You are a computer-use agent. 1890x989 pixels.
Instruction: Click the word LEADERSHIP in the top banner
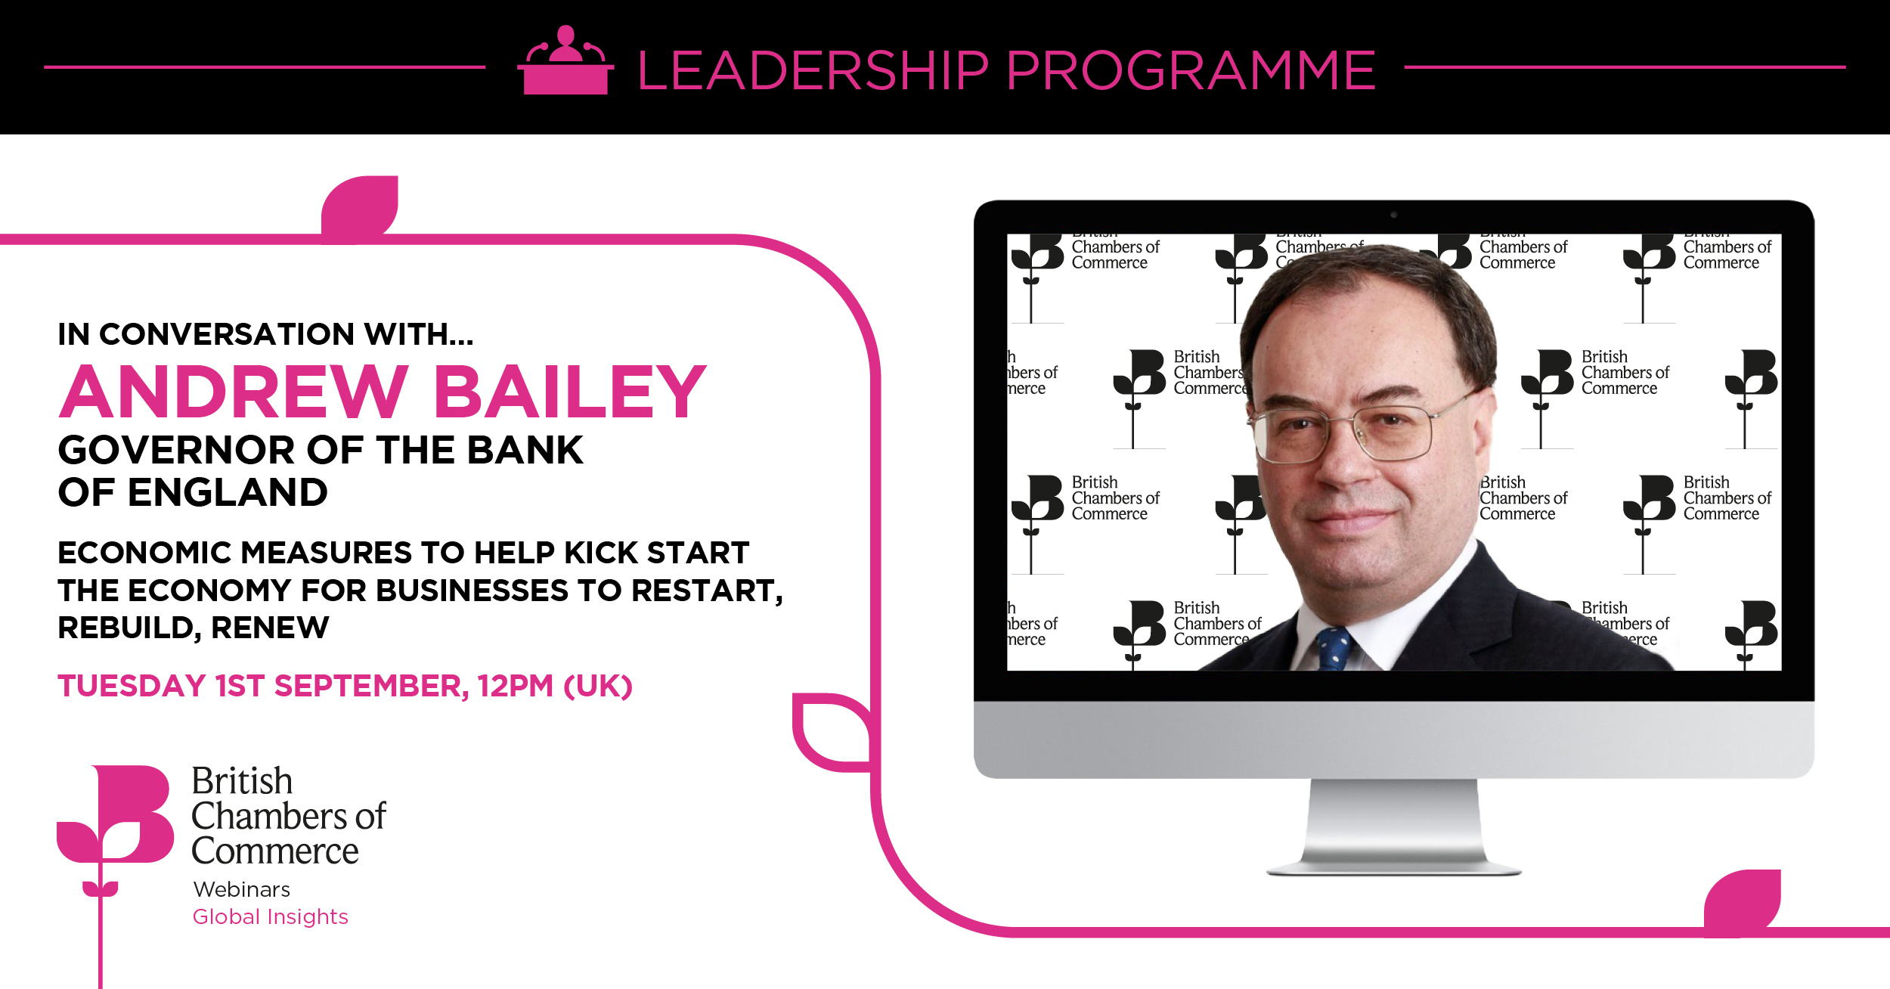[x=813, y=70]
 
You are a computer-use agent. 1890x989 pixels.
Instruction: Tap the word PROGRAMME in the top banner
[x=1191, y=70]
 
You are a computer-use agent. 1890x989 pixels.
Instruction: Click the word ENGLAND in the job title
[x=228, y=492]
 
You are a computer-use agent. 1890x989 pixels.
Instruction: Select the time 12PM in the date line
[x=516, y=686]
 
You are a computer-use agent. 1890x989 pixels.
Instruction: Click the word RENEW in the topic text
[x=270, y=628]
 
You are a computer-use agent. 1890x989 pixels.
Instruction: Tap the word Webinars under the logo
[x=242, y=889]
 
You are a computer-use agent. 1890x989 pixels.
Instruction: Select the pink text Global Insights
[x=271, y=916]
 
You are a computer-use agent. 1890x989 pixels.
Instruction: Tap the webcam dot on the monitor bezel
[x=1393, y=215]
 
